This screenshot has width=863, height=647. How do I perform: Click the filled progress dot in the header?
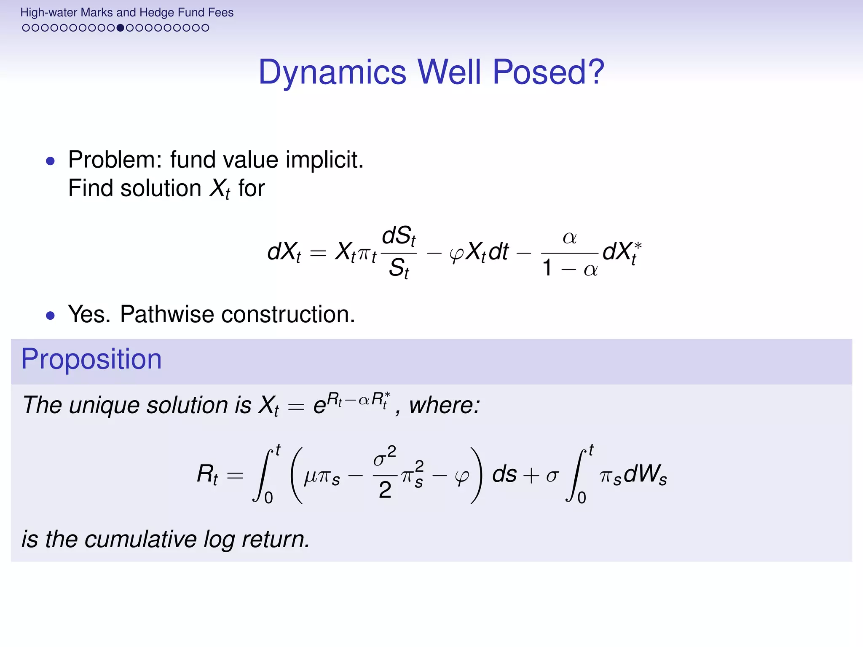tap(121, 28)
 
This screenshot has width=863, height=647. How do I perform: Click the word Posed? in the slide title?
tap(548, 72)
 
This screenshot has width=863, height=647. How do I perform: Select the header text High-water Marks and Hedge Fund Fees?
tap(127, 12)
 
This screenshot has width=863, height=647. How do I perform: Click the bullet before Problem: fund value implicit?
tap(51, 161)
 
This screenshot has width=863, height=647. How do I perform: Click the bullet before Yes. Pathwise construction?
tap(51, 315)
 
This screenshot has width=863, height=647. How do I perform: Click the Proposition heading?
tap(91, 359)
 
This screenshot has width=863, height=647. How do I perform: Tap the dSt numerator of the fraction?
tap(399, 236)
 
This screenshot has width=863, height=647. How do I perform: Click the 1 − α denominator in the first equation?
tap(570, 268)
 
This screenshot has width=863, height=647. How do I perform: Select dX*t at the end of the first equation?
tap(622, 252)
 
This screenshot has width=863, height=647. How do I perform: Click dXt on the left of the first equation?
tap(284, 252)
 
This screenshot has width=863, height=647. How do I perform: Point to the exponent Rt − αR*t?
tap(358, 399)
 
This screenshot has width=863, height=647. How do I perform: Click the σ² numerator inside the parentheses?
tap(385, 457)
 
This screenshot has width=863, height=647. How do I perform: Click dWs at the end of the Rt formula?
tap(645, 475)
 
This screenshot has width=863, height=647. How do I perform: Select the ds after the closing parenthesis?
tap(504, 475)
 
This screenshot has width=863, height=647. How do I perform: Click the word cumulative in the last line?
tap(140, 539)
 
